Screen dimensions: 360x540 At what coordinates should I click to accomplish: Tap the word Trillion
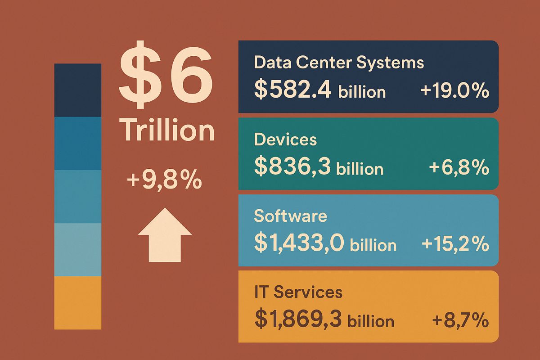[x=167, y=130]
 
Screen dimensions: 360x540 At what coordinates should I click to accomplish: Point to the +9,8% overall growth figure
[x=164, y=180]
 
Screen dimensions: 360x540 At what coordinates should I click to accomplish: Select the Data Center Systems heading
[x=338, y=63]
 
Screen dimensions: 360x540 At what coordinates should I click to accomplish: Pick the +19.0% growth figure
[x=454, y=91]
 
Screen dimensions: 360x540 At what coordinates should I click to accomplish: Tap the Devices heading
[x=285, y=139]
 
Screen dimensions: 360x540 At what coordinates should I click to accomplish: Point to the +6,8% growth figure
[x=459, y=168]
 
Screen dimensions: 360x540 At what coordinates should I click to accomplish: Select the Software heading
[x=290, y=216]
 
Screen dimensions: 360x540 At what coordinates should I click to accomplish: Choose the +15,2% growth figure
[x=455, y=244]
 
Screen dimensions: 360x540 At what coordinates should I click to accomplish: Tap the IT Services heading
[x=298, y=292]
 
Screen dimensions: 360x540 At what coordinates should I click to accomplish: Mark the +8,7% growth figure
[x=460, y=320]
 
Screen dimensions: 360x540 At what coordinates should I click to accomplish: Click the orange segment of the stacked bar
[x=78, y=302]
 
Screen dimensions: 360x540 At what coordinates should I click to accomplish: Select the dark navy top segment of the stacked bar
[x=78, y=90]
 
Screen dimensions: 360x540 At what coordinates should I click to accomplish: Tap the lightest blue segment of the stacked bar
[x=78, y=249]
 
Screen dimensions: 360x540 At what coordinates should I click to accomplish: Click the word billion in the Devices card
[x=360, y=169]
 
